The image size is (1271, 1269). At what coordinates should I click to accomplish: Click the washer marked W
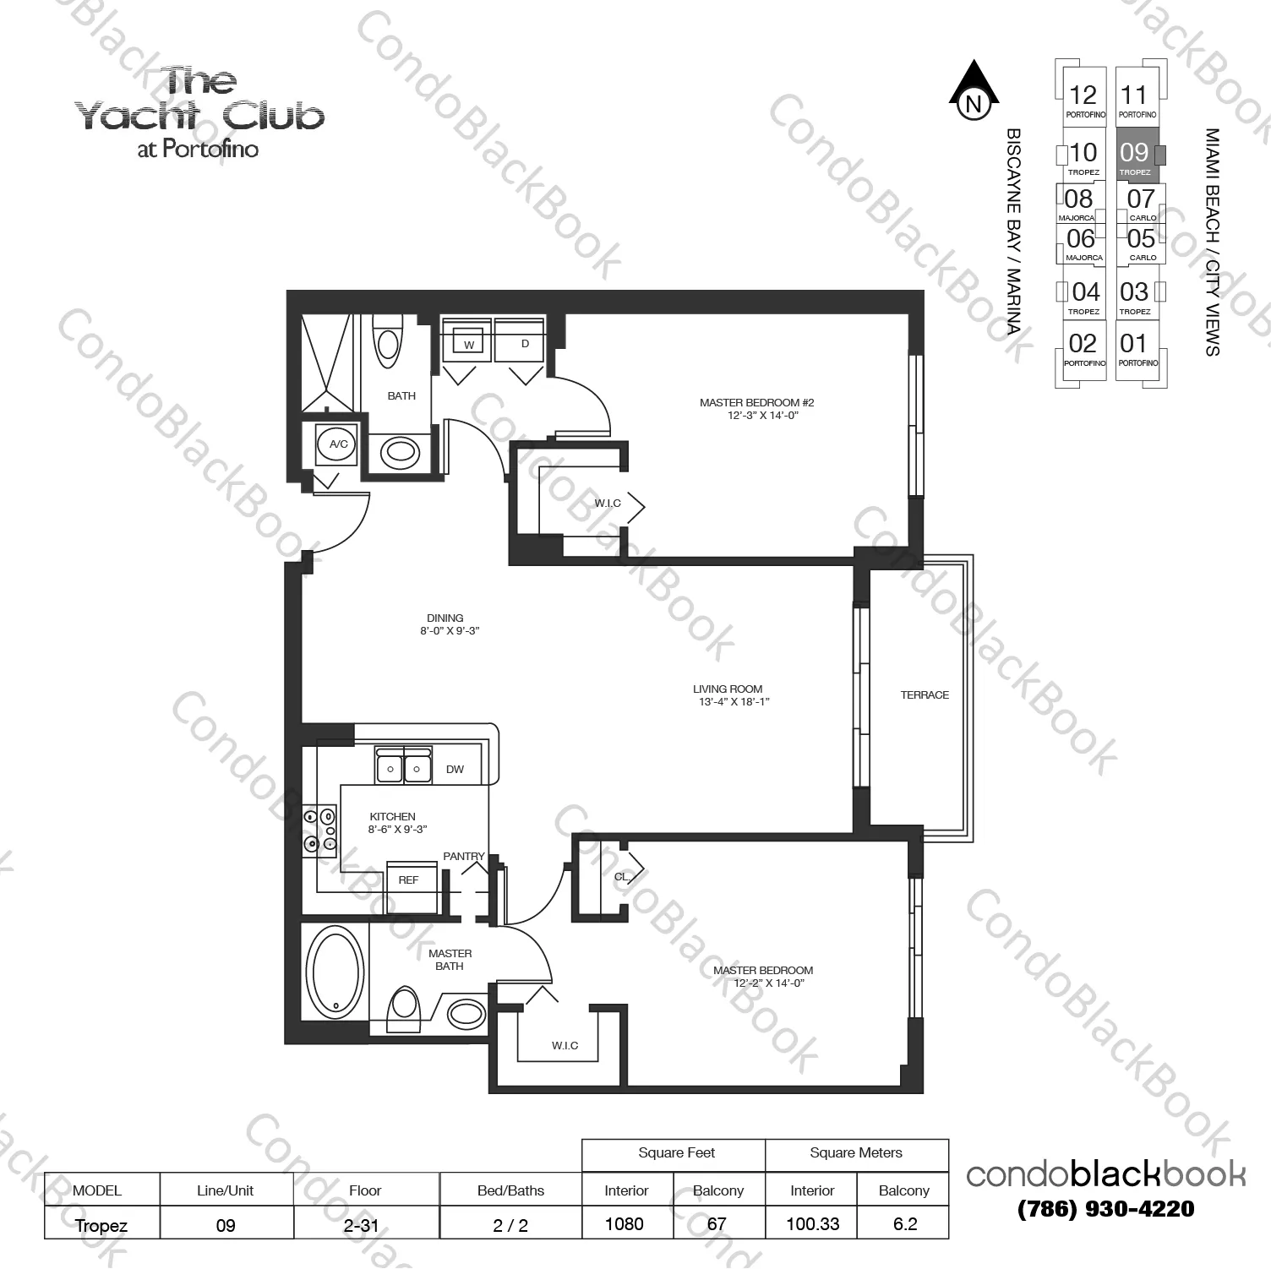[468, 343]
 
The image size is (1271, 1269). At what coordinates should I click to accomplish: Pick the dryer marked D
[525, 343]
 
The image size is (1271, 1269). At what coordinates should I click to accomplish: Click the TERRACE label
[925, 695]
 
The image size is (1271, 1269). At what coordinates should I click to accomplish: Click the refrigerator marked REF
[409, 880]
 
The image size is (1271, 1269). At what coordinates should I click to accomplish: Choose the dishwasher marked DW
[455, 769]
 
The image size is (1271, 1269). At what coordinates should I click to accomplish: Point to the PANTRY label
[464, 856]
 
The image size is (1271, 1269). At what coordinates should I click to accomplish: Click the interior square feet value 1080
[625, 1223]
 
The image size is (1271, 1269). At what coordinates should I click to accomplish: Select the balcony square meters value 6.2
[904, 1223]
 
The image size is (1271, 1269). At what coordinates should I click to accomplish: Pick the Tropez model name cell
[101, 1225]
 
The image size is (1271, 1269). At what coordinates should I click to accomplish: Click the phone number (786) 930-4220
[1105, 1209]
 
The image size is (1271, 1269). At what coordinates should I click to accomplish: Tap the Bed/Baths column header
[510, 1190]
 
